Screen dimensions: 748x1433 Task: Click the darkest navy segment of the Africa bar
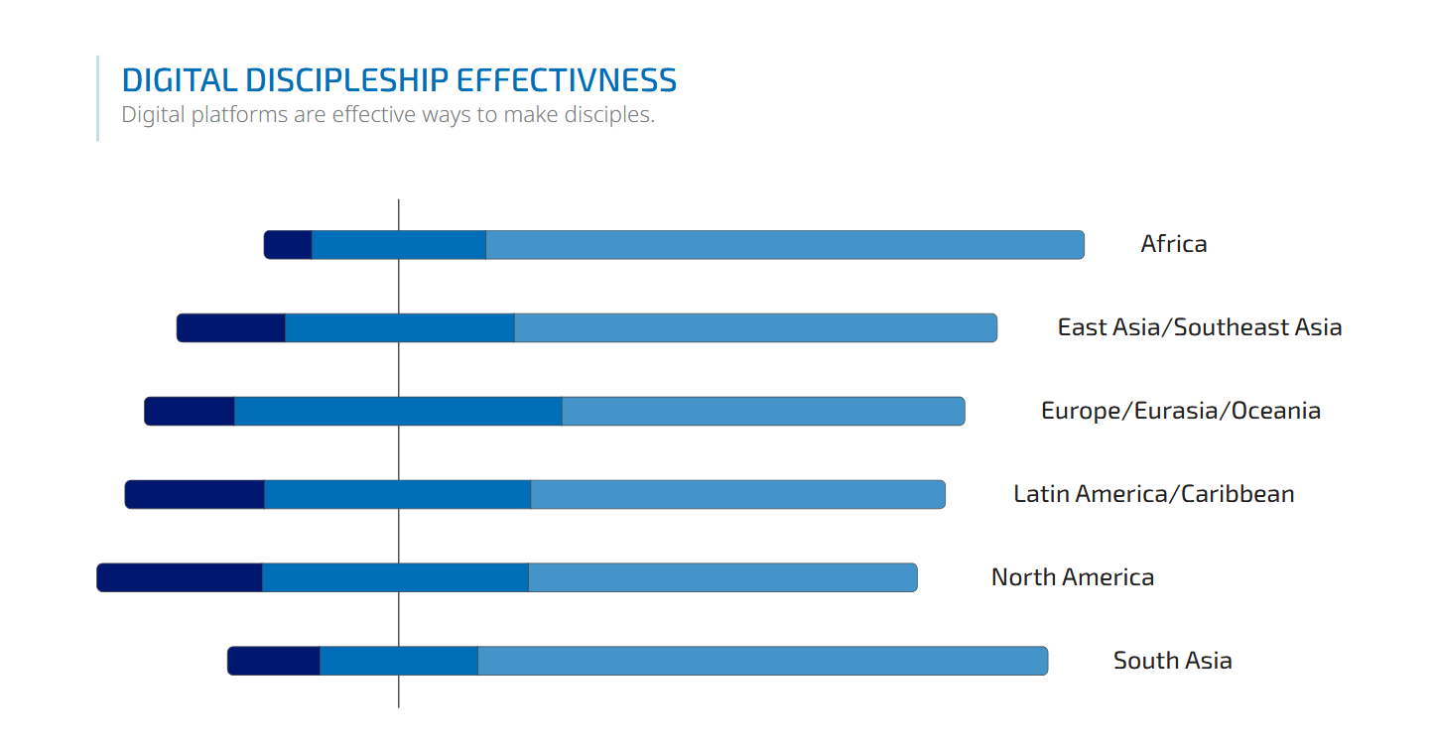coord(288,245)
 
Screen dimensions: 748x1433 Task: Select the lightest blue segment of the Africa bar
coord(784,245)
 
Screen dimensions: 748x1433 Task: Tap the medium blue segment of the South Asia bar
coord(399,661)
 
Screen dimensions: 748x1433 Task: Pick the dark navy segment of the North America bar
coord(180,577)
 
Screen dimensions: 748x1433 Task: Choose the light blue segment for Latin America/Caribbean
coord(737,494)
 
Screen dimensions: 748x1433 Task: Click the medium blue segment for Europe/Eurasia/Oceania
coord(398,411)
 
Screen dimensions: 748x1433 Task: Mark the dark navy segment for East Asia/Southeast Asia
coord(231,328)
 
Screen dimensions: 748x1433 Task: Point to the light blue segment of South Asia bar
coord(762,661)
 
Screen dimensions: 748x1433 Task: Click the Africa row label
coord(1174,244)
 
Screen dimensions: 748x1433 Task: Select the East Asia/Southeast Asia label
coord(1199,327)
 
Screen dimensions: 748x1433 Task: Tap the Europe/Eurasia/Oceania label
coord(1180,411)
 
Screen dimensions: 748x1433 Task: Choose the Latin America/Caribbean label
coord(1153,494)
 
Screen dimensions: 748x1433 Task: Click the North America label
coord(1072,577)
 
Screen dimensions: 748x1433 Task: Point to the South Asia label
coord(1172,661)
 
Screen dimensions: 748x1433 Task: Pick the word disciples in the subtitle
coord(608,115)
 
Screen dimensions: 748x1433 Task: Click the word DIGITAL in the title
coord(180,80)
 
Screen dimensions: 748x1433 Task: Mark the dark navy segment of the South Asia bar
coord(274,661)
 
